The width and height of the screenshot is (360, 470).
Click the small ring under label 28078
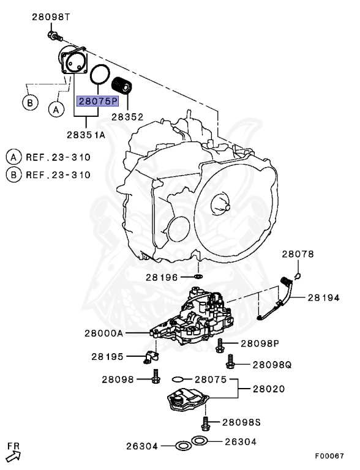297,275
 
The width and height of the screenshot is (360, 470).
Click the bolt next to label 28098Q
230,364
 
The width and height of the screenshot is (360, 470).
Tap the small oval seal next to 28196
197,277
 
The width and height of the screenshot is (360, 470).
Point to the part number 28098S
241,422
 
